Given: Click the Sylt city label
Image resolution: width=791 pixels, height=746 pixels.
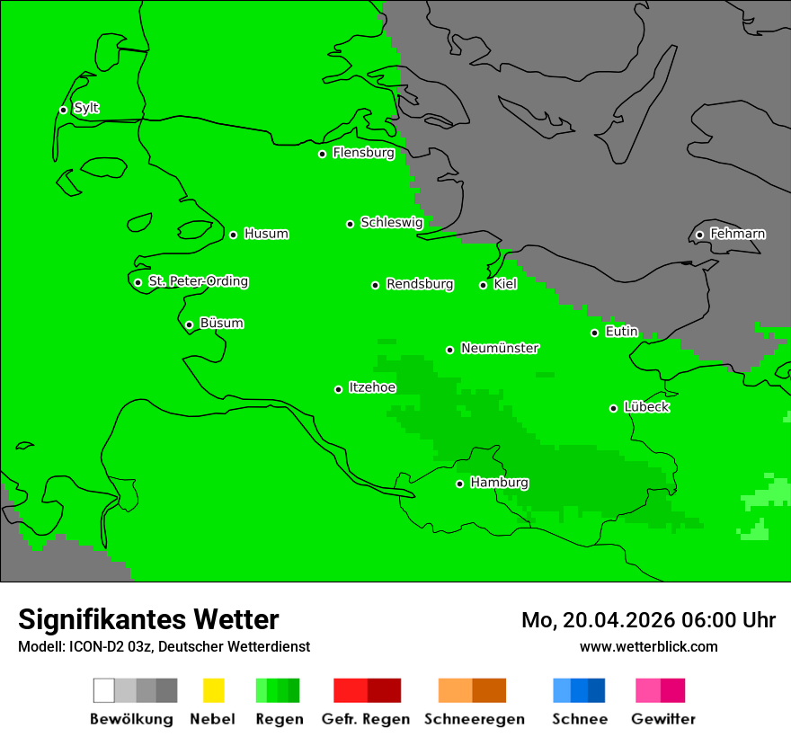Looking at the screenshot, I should [86, 109].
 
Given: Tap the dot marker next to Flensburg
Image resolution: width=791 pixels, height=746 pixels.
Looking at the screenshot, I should [322, 154].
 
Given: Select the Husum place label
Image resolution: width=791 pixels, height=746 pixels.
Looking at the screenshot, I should [266, 235].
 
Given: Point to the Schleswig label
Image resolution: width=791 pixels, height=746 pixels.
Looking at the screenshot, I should [391, 223].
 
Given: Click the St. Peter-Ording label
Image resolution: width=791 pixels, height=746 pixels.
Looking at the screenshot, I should [198, 282].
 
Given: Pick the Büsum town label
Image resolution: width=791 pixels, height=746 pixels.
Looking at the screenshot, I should [221, 324].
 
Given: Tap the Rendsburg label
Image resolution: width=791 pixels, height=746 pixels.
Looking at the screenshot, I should [420, 285].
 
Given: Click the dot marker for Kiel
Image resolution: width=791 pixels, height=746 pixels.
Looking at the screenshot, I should [483, 285].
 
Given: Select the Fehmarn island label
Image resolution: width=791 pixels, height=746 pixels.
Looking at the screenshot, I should [737, 235].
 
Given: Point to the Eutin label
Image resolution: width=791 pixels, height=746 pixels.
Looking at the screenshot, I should [621, 332].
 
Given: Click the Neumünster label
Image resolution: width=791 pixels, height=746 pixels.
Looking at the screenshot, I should [500, 349].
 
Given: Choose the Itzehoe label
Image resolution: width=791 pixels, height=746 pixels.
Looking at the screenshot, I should [372, 388].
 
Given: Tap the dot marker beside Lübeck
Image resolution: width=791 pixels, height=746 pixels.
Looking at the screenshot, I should [613, 408].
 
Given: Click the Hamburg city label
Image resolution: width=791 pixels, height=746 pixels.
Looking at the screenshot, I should [499, 484].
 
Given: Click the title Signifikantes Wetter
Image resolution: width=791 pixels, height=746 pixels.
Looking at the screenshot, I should [148, 619].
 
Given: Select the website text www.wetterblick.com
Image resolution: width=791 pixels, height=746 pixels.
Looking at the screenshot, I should [648, 646].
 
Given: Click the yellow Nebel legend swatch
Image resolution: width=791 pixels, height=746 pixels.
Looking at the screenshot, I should [213, 690].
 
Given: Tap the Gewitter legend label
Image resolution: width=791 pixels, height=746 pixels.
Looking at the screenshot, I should [662, 719].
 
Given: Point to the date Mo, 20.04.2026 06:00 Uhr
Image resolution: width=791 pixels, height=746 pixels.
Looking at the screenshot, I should [648, 620].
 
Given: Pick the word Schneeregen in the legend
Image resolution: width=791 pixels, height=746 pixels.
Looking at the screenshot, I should [474, 719].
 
